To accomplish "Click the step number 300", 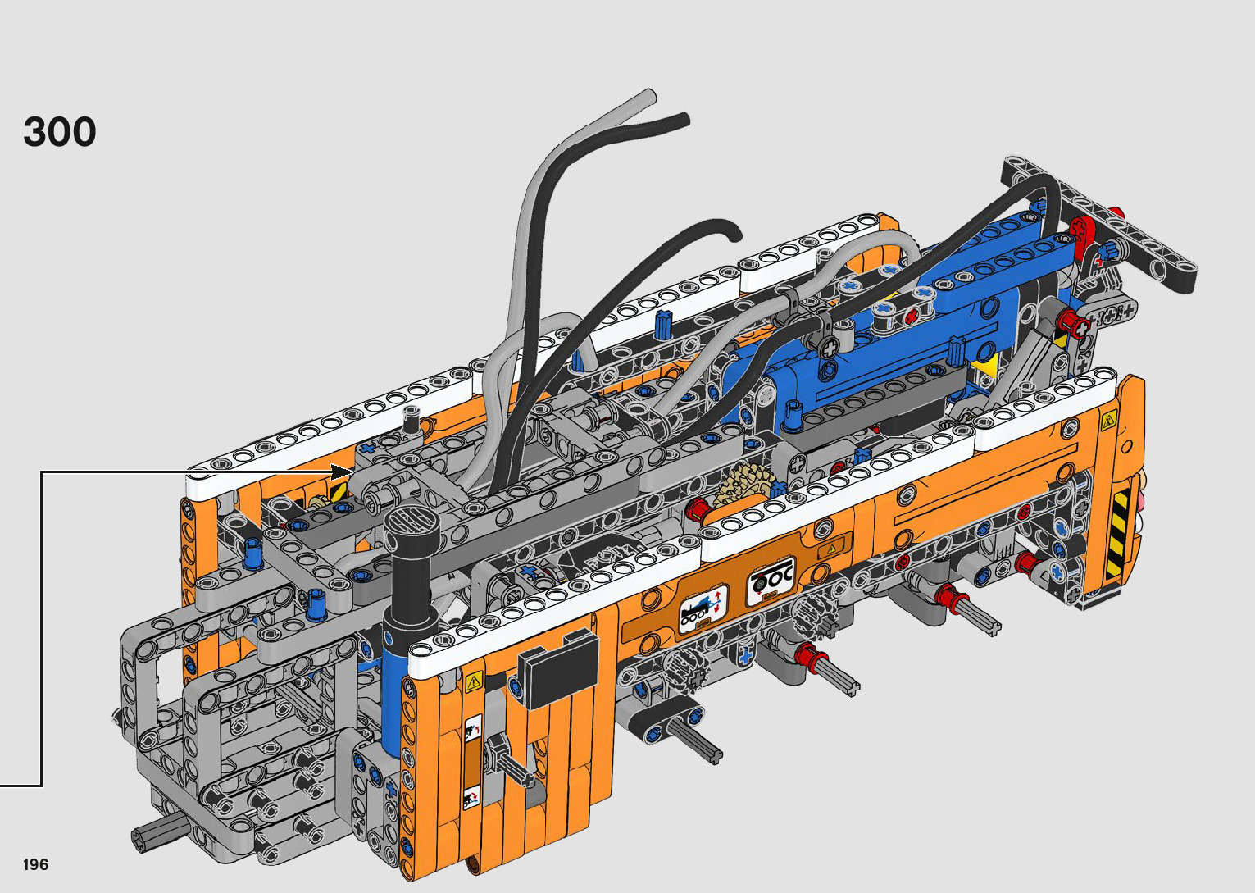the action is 59,132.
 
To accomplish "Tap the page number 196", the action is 36,864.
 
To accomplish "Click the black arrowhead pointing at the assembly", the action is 342,472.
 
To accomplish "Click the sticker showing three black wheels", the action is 771,581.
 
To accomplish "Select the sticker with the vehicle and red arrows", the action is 703,608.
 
